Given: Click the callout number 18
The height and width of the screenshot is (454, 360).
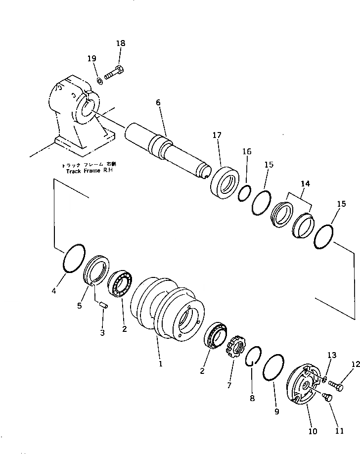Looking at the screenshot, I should point(121,44).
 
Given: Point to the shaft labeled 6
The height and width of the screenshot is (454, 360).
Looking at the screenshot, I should point(163,148).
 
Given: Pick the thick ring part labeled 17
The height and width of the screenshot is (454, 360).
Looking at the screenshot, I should point(226,182).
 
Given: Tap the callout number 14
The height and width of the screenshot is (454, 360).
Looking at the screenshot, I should point(305,183).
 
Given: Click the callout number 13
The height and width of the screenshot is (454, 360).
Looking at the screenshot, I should point(331,355).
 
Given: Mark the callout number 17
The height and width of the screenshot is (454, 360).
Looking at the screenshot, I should point(217,135).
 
